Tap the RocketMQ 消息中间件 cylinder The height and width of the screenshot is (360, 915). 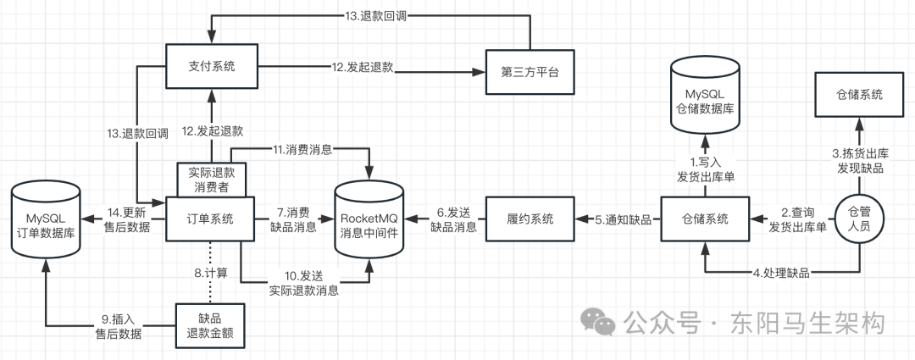[x=370, y=219]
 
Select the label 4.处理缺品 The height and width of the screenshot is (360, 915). [x=779, y=273]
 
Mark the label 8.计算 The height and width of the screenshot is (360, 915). [x=209, y=273]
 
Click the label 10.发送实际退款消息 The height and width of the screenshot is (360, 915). [x=304, y=281]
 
